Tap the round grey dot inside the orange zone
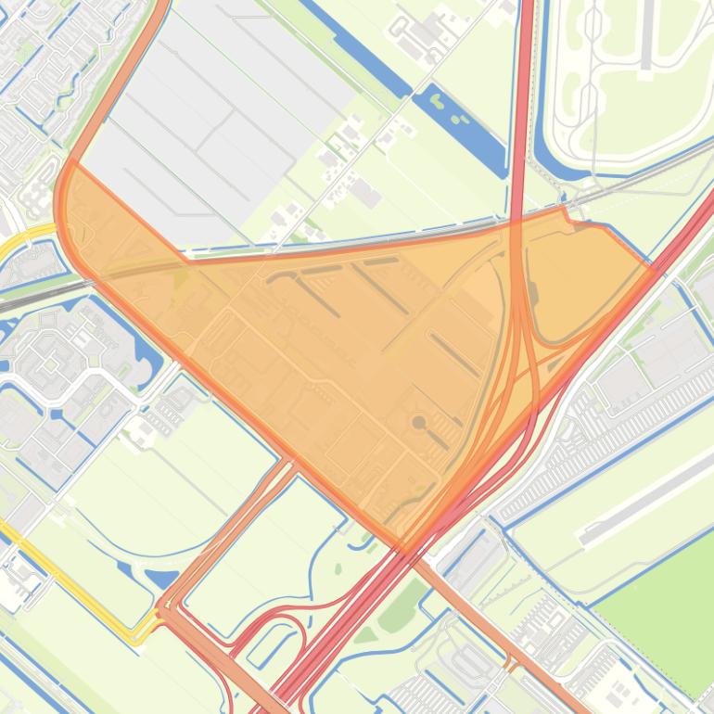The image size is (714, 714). click(419, 423)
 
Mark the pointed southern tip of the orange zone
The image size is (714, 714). click(405, 551)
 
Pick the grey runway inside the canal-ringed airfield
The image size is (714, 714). click(647, 37)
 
